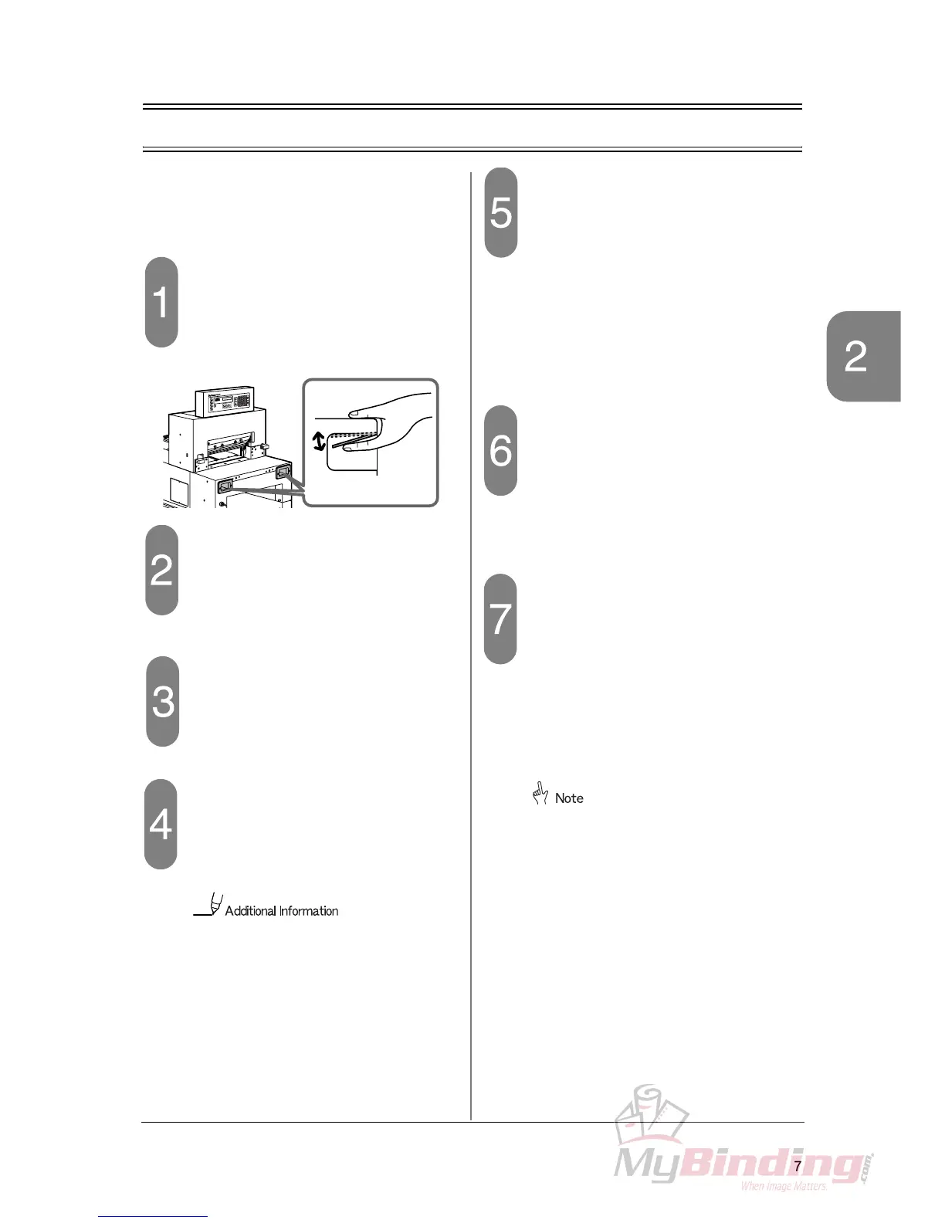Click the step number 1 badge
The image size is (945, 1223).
point(161,302)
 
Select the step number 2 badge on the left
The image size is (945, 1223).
point(161,570)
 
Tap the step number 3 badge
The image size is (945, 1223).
point(163,701)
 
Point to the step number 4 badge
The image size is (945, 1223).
point(161,824)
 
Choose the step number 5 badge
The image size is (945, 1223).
point(501,212)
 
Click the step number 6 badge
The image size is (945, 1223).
point(501,450)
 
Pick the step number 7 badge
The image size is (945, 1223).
point(500,618)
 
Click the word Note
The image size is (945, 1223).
point(569,798)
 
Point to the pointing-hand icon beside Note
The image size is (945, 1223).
point(540,794)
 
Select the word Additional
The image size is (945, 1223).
point(250,911)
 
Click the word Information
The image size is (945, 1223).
point(309,911)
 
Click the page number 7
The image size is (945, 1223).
point(798,1166)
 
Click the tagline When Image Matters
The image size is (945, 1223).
point(784,1186)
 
